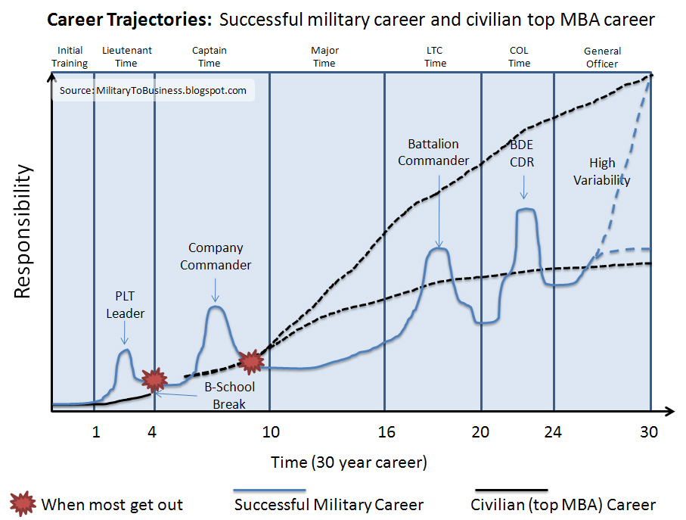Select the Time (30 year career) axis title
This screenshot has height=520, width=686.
pos(349,462)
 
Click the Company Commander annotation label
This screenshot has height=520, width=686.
pos(216,256)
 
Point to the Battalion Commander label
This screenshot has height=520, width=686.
pos(433,152)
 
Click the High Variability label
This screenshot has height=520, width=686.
pos(602,171)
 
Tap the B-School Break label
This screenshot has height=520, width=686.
pos(229,395)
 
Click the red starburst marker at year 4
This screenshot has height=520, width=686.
pos(154,378)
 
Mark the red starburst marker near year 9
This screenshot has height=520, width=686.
pos(250,362)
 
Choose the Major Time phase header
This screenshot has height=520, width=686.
pos(324,57)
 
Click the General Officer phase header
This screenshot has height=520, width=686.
pos(602,58)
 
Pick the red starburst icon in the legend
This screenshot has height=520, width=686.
pos(23,503)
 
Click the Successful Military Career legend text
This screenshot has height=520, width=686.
pos(329,504)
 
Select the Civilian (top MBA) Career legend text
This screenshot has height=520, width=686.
pos(563,504)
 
